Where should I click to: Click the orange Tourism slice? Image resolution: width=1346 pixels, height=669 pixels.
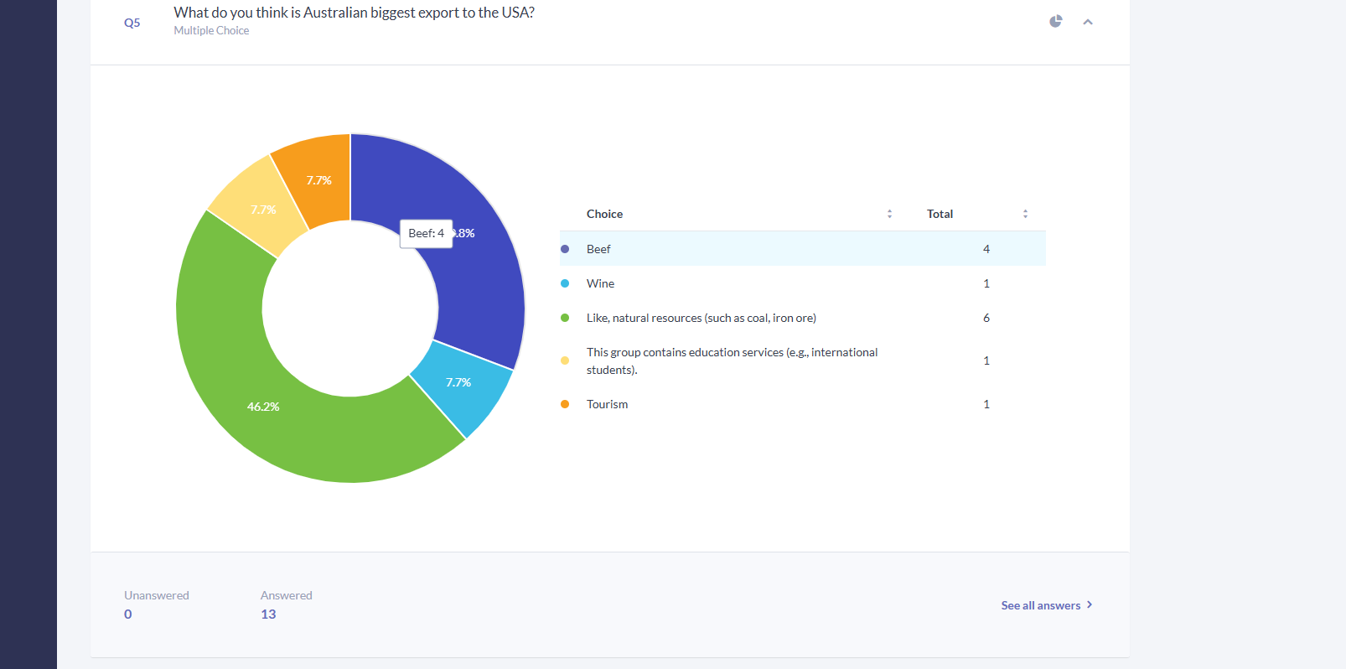pos(318,180)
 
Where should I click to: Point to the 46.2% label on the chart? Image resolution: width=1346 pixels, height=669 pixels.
pos(263,407)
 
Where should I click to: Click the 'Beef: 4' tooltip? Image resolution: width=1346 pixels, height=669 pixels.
pos(426,233)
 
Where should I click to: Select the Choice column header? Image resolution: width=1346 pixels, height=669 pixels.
pos(604,214)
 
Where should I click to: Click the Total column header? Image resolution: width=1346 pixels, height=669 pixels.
pos(940,214)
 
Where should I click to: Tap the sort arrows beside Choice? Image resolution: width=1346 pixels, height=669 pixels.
pos(889,214)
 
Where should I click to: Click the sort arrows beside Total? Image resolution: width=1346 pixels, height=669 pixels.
pos(1025,214)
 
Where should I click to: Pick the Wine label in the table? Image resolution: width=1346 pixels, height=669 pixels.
pos(600,283)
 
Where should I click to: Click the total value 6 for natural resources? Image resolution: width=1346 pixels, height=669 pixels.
pos(986,318)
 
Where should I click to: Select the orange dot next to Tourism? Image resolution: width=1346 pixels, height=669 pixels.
pos(565,404)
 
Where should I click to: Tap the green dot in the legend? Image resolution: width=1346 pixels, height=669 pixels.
pos(565,318)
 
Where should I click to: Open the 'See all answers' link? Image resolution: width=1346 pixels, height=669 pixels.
pos(1047,605)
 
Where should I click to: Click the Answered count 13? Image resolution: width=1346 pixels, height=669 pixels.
pos(268,615)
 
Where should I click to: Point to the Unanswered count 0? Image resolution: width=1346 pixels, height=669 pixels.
pos(128,615)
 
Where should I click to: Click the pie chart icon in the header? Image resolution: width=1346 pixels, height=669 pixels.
pos(1056,22)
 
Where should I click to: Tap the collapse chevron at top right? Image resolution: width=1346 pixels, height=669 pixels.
pos(1088,23)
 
